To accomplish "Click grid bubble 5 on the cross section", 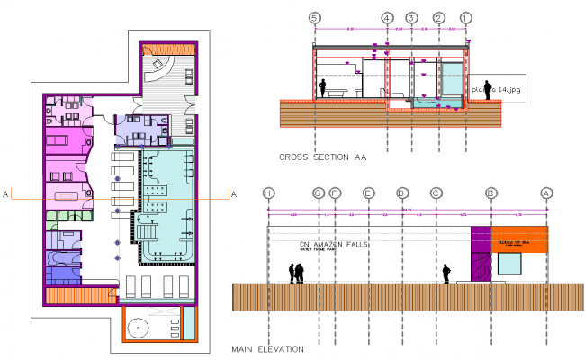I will [314, 18].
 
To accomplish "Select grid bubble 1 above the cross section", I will [465, 18].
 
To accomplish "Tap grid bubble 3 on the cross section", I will [411, 18].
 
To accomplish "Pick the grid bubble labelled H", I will [268, 193].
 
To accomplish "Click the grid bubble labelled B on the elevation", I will [491, 193].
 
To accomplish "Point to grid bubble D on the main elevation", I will [402, 193].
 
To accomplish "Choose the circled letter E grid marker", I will [368, 193].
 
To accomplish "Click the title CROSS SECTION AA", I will [323, 157].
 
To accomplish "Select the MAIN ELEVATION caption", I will [267, 348].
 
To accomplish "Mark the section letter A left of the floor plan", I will [6, 193].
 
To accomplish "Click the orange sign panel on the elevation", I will [519, 240].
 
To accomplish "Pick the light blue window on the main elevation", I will [509, 264].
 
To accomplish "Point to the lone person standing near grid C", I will [445, 274].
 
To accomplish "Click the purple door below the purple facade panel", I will [481, 267].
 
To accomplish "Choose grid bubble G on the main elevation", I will [318, 193].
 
